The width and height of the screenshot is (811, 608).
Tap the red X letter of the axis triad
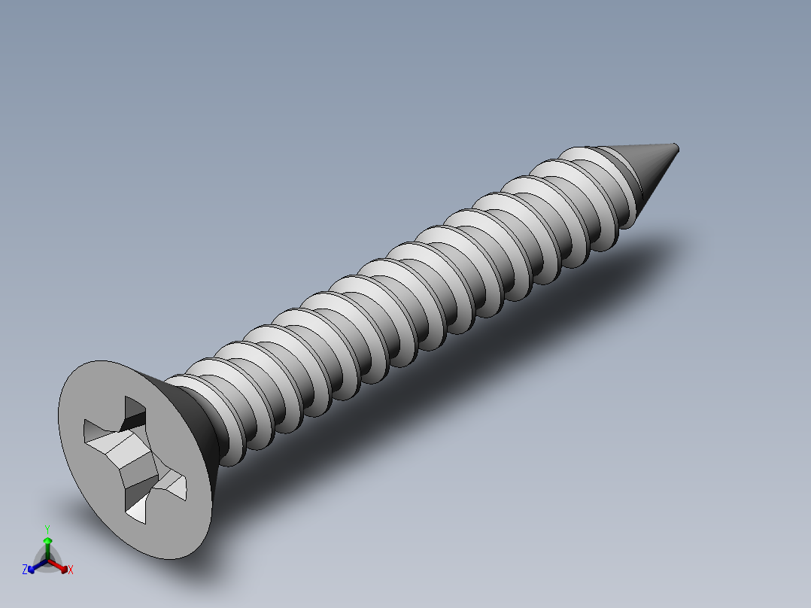pos(71,570)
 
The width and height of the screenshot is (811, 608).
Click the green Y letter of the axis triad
pos(47,529)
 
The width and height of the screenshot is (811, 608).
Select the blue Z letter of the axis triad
pos(25,570)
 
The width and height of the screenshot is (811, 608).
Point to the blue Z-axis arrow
pos(34,567)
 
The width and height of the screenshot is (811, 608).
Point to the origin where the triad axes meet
pos(47,561)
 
